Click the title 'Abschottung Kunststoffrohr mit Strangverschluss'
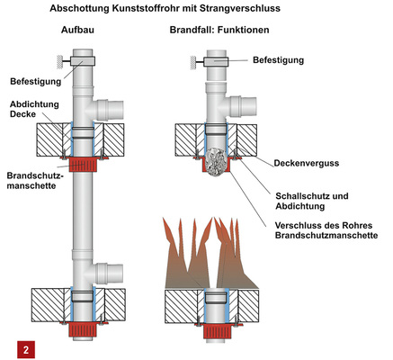(x=196, y=9)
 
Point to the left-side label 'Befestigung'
(x=33, y=79)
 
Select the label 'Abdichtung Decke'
(x=29, y=108)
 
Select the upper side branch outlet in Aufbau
(x=113, y=110)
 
